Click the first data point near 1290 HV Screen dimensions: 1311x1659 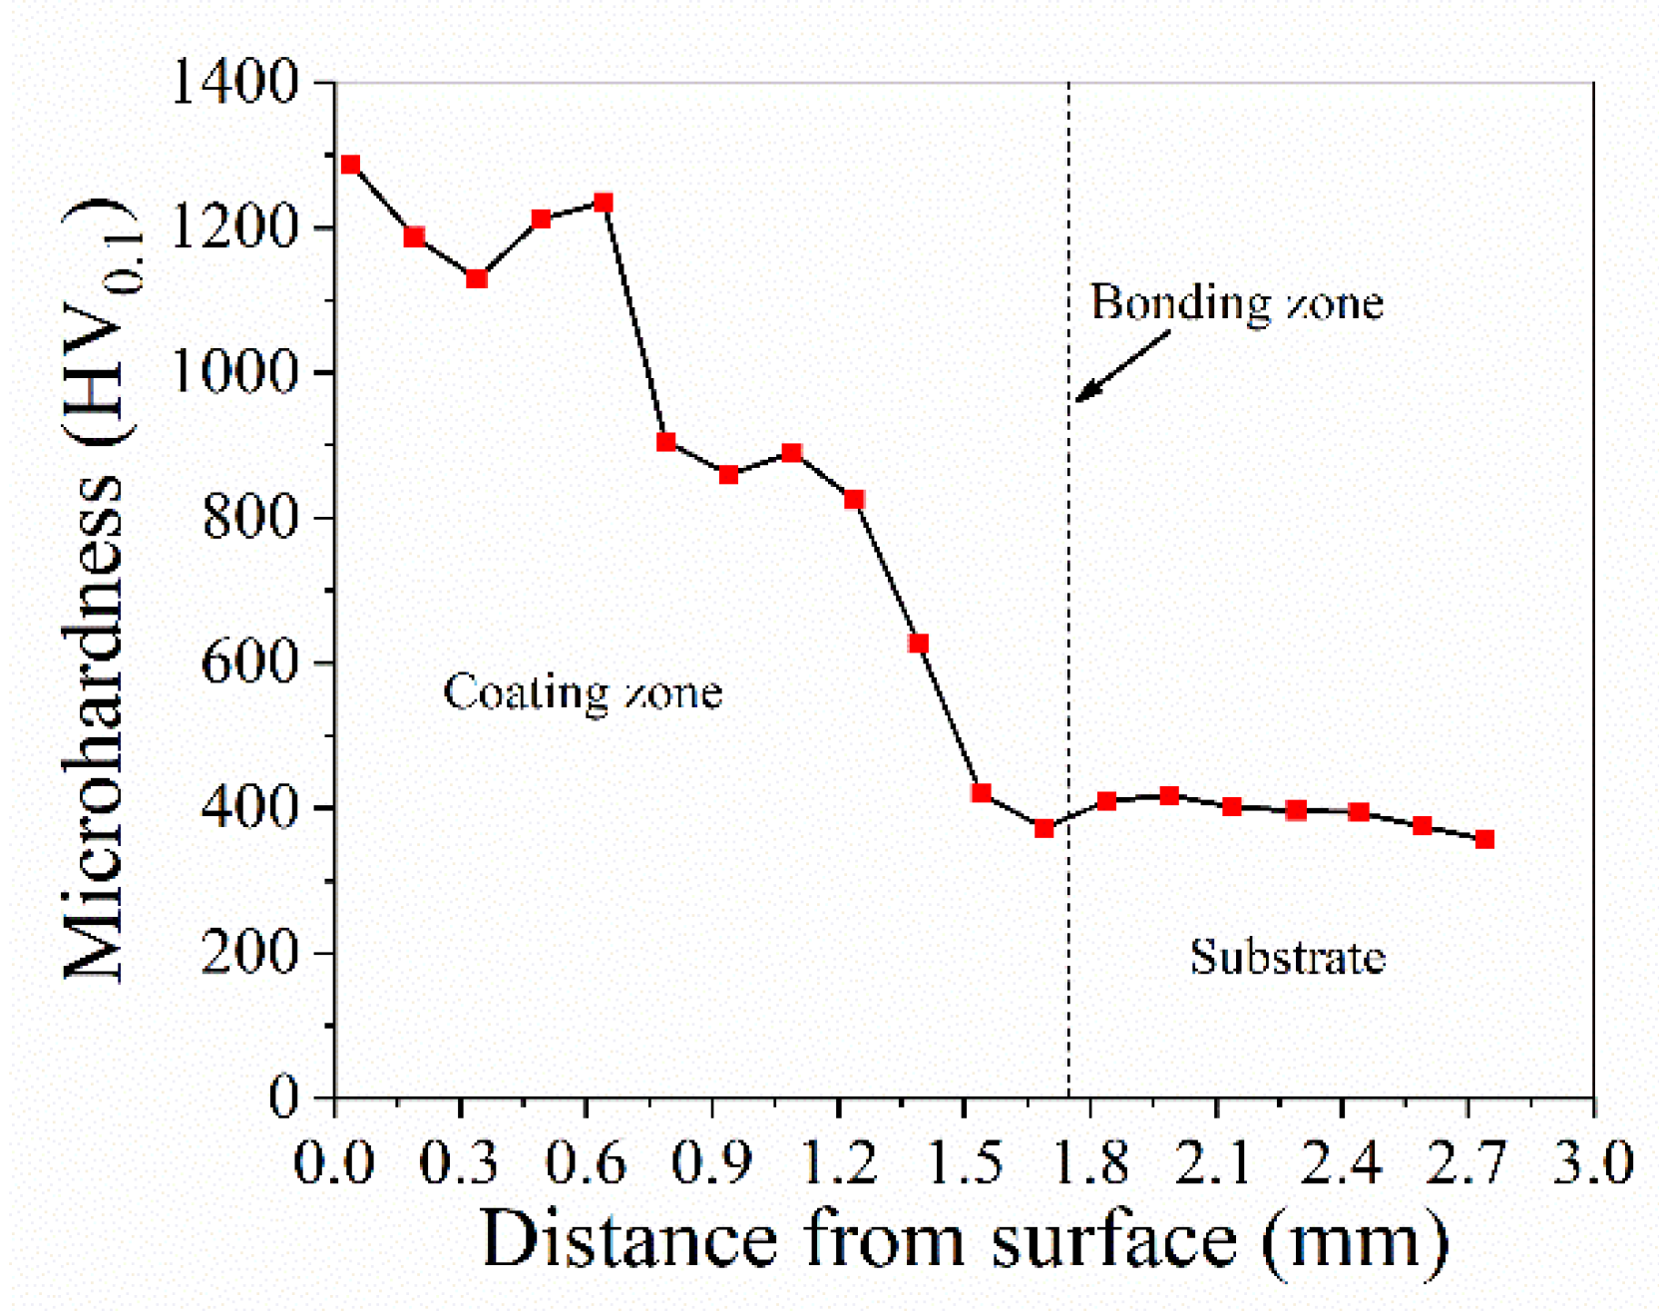[x=350, y=165]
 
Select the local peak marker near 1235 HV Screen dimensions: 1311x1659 [x=604, y=203]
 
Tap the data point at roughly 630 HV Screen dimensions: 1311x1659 [x=919, y=644]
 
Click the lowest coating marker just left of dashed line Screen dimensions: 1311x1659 [x=1044, y=828]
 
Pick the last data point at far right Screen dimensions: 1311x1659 [x=1484, y=839]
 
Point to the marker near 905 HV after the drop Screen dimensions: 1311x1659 [x=666, y=442]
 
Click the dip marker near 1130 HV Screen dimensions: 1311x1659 [x=477, y=278]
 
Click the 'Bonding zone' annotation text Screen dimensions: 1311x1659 [x=1236, y=302]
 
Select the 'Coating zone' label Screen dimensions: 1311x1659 [x=583, y=692]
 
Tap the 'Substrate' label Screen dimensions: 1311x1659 [x=1287, y=957]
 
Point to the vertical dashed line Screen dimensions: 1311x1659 [x=1069, y=599]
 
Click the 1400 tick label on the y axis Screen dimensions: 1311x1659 [x=235, y=81]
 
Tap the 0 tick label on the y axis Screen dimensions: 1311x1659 [x=284, y=1097]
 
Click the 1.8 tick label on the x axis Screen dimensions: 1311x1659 [x=1090, y=1163]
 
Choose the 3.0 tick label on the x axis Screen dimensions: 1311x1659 [x=1592, y=1163]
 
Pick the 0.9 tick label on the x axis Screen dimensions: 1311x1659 [x=711, y=1163]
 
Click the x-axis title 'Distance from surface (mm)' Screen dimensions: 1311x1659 [x=964, y=1240]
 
